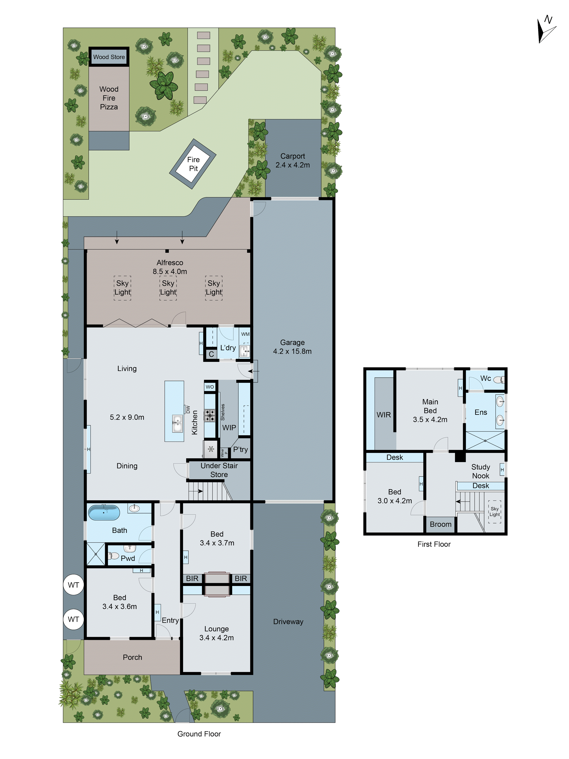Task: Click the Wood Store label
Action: tap(109, 57)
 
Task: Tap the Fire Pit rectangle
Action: tap(193, 164)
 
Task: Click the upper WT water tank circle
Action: tap(73, 585)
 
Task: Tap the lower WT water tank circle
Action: tap(73, 619)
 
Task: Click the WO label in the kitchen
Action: tap(210, 387)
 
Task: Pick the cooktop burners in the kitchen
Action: tap(210, 415)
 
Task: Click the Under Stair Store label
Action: tap(219, 470)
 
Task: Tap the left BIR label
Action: tap(192, 578)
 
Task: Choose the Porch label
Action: tap(132, 657)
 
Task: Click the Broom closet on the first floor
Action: tap(440, 524)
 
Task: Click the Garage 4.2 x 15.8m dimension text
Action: tap(292, 351)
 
